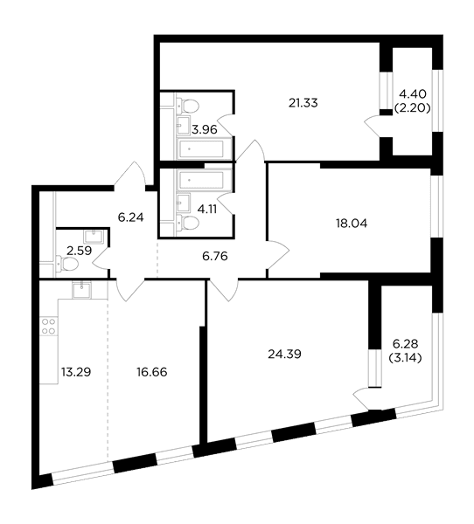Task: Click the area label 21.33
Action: pyautogui.click(x=303, y=103)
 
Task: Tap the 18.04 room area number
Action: pyautogui.click(x=352, y=224)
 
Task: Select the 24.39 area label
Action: pyautogui.click(x=284, y=354)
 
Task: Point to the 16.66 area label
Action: pyautogui.click(x=152, y=372)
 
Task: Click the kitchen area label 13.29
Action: pyautogui.click(x=76, y=372)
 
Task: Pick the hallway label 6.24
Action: pyautogui.click(x=130, y=217)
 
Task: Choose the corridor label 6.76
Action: pyautogui.click(x=215, y=256)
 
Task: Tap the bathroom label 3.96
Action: pyautogui.click(x=205, y=129)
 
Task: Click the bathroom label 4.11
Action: pyautogui.click(x=207, y=210)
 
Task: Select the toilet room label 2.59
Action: pyautogui.click(x=80, y=251)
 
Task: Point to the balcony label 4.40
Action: pyautogui.click(x=413, y=94)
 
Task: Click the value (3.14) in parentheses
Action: pyautogui.click(x=405, y=358)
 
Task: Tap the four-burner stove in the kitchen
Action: pyautogui.click(x=49, y=327)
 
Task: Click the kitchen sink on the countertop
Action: pyautogui.click(x=81, y=289)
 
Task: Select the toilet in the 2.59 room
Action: pyautogui.click(x=67, y=264)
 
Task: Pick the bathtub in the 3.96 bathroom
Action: pyautogui.click(x=200, y=149)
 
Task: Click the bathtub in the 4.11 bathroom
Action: pyautogui.click(x=204, y=180)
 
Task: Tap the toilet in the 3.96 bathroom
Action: pyautogui.click(x=187, y=106)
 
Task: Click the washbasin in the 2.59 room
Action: pyautogui.click(x=94, y=237)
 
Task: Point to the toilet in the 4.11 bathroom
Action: pyautogui.click(x=187, y=222)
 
